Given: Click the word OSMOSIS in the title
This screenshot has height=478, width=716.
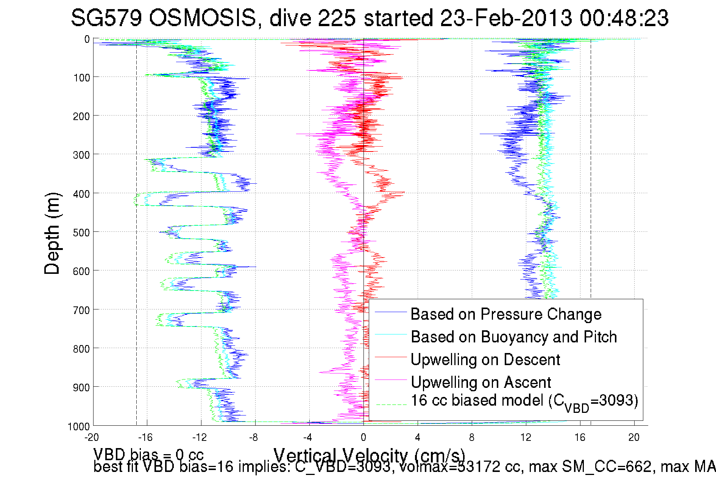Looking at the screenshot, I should (203, 18).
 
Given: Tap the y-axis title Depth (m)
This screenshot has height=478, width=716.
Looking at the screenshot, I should (52, 234).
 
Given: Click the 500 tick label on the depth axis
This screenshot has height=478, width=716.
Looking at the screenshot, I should (81, 233).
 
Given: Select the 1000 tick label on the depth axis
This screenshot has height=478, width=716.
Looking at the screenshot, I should (79, 426).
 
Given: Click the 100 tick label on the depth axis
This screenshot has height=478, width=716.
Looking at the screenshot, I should (81, 78).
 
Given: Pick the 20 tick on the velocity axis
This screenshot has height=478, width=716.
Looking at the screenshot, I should (634, 437).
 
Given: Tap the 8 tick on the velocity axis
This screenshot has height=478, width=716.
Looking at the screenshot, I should (471, 437).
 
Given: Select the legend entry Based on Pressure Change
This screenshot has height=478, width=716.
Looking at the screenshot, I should (506, 314).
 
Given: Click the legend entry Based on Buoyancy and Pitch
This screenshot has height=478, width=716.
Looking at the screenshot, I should (514, 337).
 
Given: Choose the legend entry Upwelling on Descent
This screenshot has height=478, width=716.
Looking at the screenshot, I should (485, 359).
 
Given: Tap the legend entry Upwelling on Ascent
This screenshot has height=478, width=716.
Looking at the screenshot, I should (481, 382).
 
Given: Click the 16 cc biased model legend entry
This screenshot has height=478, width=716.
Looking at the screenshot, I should (524, 401).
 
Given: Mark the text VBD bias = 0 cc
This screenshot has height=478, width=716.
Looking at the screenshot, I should (148, 454).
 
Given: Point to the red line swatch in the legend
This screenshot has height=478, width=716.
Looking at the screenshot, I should (391, 357).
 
